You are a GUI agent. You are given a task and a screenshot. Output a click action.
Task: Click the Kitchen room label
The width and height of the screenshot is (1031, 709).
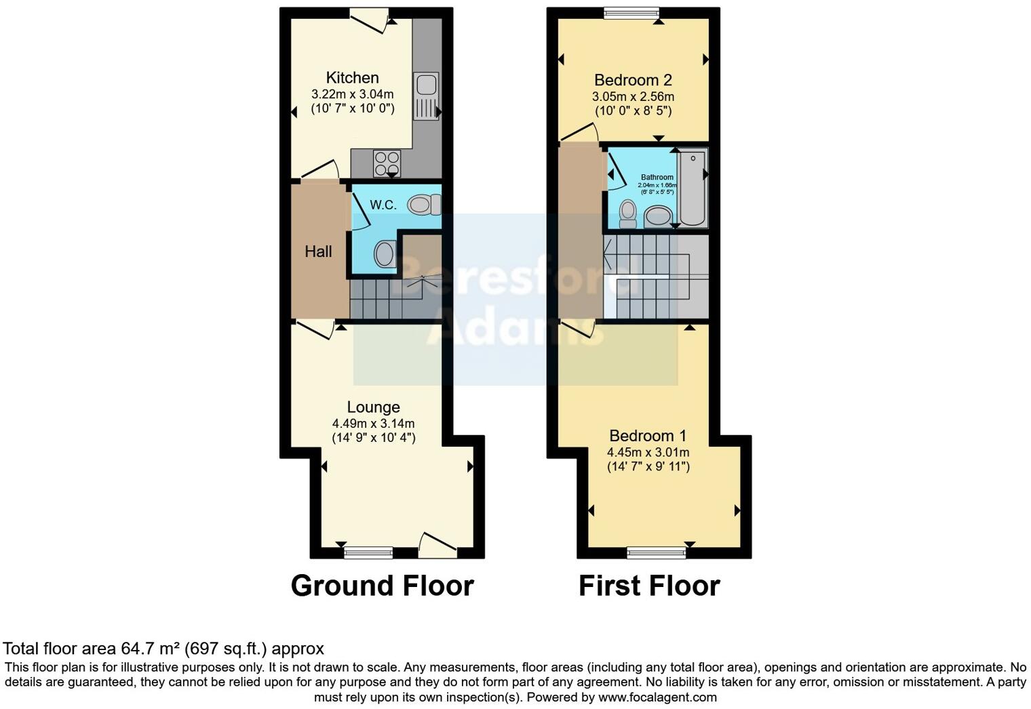tap(352, 77)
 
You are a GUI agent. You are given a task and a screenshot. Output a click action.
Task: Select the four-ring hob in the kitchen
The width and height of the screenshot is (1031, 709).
tap(387, 163)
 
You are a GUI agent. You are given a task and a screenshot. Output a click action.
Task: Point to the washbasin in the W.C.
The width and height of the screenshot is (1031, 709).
tap(385, 255)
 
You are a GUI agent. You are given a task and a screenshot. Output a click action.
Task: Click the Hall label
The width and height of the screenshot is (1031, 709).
tap(318, 251)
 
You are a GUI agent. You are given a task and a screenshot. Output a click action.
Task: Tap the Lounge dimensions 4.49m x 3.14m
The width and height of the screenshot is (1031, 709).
tap(373, 424)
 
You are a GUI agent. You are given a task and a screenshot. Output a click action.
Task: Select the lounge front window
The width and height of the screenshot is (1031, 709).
tap(368, 553)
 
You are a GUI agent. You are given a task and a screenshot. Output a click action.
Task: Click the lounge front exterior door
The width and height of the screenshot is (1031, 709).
tap(437, 546)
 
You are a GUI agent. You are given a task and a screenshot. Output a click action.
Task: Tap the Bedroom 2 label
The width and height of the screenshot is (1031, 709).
tap(633, 80)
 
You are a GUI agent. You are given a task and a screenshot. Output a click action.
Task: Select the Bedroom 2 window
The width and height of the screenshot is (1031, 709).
tap(631, 13)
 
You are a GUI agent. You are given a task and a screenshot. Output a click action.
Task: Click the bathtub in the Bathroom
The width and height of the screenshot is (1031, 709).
tap(693, 188)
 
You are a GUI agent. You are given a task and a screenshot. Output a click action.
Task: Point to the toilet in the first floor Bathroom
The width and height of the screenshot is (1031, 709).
tap(628, 213)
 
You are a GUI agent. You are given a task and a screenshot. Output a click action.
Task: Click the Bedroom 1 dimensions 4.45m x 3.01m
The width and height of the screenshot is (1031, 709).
tap(648, 452)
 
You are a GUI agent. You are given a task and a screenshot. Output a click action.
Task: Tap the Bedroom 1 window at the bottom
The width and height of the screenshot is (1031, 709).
tap(656, 553)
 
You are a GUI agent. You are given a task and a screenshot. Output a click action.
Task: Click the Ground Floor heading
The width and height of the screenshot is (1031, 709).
tap(382, 586)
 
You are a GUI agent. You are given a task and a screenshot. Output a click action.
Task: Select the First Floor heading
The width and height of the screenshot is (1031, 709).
tap(649, 586)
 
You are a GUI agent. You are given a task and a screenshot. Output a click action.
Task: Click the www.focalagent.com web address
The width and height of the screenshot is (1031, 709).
tap(657, 697)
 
